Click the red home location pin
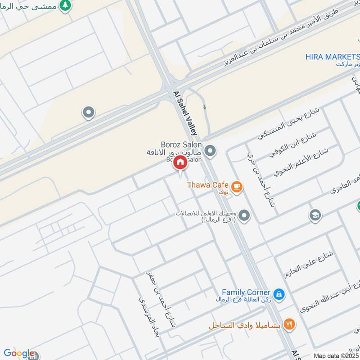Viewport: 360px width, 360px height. (180, 163)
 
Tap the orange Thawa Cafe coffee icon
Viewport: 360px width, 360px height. (237, 185)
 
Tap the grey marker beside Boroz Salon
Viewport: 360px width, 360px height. (210, 150)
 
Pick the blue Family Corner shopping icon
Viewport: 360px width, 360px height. (279, 294)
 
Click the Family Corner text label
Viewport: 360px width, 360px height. (246, 292)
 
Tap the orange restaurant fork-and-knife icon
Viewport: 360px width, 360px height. (289, 324)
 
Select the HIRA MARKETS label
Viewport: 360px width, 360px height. (332, 57)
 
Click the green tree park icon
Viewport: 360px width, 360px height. (66, 6)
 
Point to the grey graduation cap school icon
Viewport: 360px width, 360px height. (315, 215)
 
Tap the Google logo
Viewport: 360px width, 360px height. (19, 353)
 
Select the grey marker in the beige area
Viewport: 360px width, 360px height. (89, 112)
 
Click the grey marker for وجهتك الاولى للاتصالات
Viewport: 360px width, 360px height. (244, 216)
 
